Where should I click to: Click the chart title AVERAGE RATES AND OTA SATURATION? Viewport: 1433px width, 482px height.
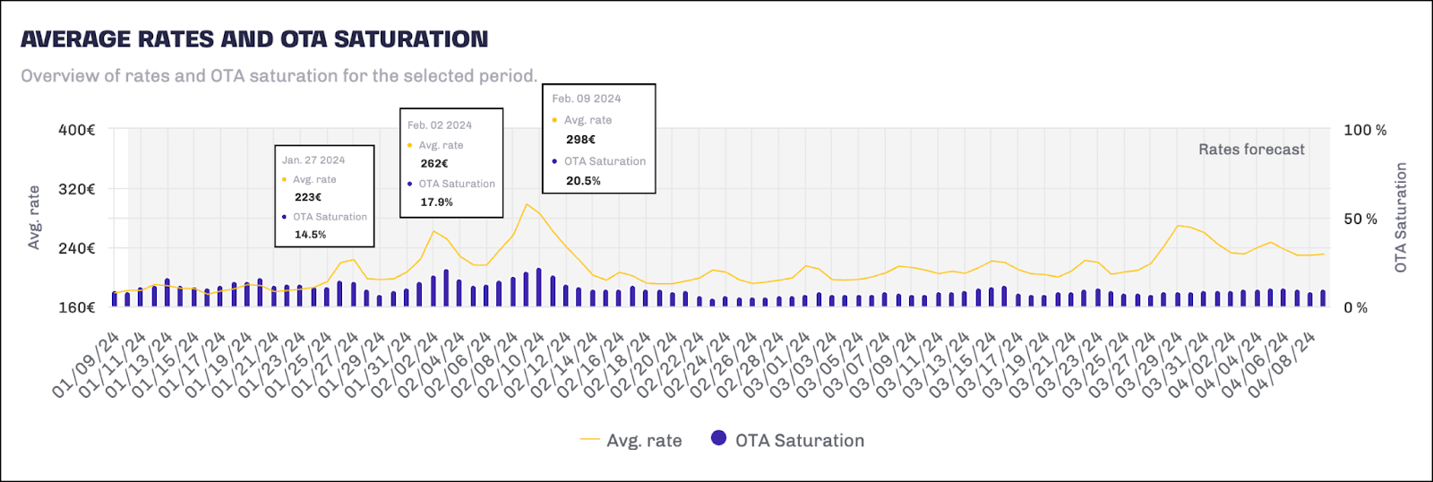[254, 39]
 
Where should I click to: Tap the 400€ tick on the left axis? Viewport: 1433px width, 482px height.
[77, 130]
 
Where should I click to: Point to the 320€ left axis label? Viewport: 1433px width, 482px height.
[77, 189]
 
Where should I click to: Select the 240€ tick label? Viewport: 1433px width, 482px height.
[77, 248]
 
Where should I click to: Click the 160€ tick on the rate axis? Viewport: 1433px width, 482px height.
[77, 307]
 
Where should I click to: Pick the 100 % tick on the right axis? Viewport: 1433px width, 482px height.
[1365, 130]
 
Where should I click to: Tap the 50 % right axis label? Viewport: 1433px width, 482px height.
[1360, 219]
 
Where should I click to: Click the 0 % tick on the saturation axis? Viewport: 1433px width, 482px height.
[1356, 307]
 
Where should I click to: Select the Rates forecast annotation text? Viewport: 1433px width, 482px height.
[1251, 150]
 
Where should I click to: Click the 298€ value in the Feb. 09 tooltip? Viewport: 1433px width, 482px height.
[580, 140]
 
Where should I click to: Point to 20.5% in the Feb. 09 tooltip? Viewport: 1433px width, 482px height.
[583, 181]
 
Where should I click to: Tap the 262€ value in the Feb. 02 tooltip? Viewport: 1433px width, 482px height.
[434, 164]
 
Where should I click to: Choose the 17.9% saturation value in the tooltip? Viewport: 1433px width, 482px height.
[437, 202]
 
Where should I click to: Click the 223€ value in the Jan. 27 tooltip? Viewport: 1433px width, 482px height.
[308, 197]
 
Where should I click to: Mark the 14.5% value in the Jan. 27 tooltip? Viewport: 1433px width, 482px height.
[311, 235]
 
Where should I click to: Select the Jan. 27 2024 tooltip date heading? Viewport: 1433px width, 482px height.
[313, 160]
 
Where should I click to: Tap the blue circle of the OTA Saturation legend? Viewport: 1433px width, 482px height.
[718, 438]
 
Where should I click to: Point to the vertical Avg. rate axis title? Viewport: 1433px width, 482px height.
[34, 218]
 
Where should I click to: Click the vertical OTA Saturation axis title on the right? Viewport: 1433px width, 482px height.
[1401, 218]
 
